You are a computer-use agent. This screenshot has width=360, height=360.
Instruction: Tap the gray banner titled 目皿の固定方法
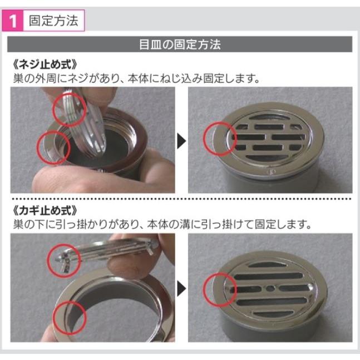(180, 45)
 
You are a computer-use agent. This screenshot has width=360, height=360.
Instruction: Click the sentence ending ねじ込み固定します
(136, 78)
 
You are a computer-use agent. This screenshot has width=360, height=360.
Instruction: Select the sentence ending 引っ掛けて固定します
(161, 225)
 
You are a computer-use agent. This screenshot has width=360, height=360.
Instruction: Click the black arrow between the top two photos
(181, 141)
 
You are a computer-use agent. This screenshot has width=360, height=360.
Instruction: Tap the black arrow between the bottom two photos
(181, 288)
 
